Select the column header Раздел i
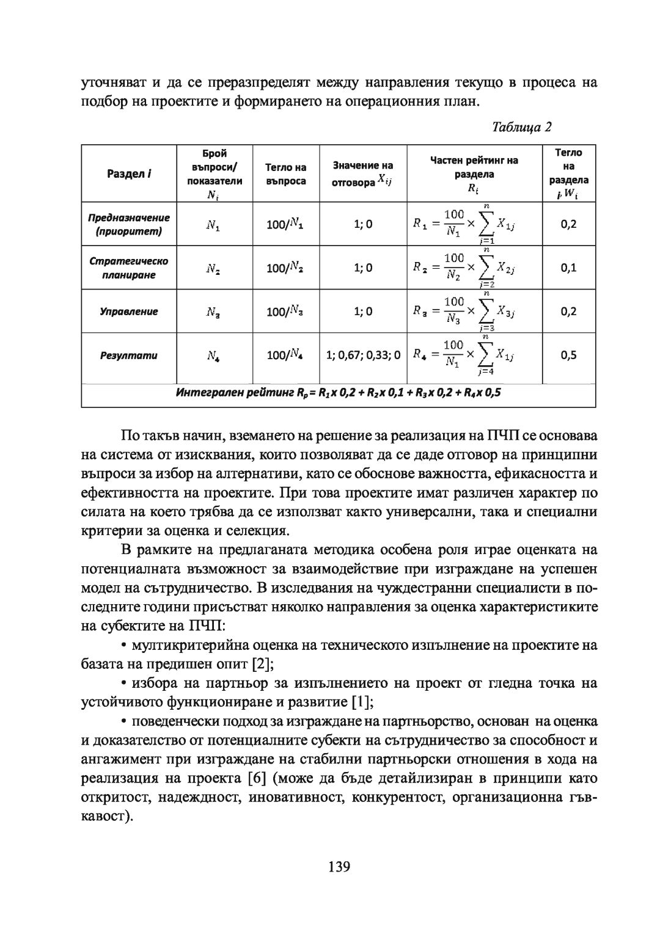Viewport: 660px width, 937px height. click(129, 173)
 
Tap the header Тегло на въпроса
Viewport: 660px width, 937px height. click(285, 173)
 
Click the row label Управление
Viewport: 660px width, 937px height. click(129, 312)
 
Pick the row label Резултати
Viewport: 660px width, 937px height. click(129, 355)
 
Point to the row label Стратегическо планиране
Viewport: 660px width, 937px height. click(129, 268)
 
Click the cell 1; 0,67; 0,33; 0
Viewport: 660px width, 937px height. click(363, 355)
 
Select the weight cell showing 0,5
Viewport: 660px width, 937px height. click(568, 355)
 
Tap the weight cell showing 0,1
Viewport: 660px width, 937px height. click(568, 268)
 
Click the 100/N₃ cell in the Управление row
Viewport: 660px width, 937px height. click(285, 312)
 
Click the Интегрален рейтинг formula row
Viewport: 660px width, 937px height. click(338, 393)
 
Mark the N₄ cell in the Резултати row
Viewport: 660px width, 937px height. click(213, 355)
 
